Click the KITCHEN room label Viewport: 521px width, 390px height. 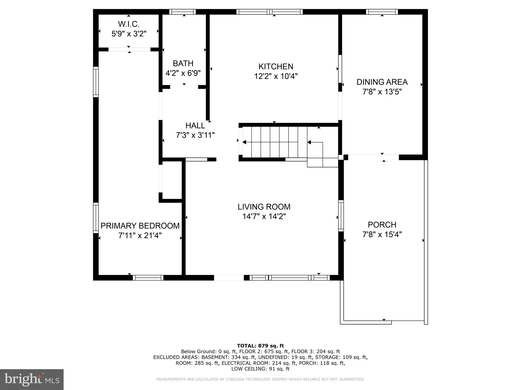click(276, 67)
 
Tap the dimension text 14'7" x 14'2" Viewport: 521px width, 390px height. click(264, 217)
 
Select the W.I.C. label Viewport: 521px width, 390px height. click(129, 24)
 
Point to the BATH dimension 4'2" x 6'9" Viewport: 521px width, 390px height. click(183, 73)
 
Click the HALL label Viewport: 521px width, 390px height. click(195, 125)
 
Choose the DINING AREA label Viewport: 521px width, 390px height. click(382, 82)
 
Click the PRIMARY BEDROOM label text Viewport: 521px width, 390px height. click(140, 226)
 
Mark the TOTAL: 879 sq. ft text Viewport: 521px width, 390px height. click(260, 346)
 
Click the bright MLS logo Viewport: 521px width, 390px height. click(32, 379)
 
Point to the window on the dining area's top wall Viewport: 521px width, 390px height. click(382, 12)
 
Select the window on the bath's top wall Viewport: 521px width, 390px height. click(182, 12)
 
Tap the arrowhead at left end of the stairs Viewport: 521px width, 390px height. click(244, 142)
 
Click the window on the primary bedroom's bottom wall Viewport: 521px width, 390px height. click(148, 278)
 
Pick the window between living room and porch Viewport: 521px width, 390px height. click(341, 216)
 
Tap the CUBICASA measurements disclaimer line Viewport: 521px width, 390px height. click(260, 379)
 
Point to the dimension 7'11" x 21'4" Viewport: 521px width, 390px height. click(140, 236)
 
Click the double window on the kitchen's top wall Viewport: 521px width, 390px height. click(269, 12)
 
